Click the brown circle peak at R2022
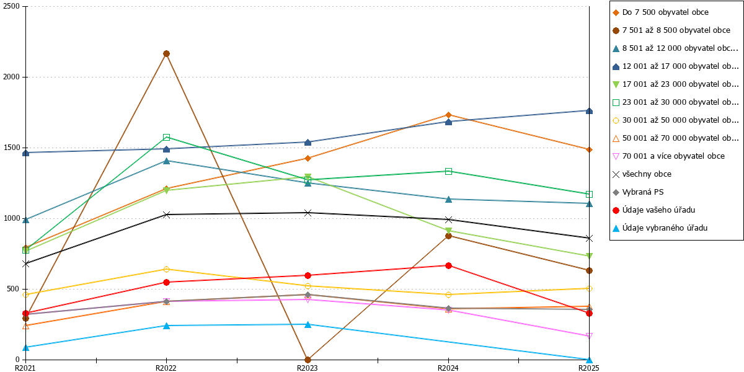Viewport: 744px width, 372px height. [166, 54]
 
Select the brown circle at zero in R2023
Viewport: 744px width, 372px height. [308, 360]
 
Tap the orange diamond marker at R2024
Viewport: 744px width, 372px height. [448, 115]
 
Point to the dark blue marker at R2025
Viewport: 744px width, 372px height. [589, 110]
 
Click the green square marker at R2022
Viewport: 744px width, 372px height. [166, 137]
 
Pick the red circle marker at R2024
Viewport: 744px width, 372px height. [448, 266]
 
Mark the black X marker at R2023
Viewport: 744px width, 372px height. [308, 213]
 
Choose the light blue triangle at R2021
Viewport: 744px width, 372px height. [25, 347]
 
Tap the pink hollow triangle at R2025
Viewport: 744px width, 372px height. [589, 336]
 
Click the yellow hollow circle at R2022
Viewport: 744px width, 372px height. [166, 269]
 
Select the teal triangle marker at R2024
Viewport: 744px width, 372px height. [448, 199]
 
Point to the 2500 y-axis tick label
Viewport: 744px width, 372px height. [11, 6]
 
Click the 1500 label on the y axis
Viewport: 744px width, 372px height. [11, 148]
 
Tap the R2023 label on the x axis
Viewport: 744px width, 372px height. [308, 368]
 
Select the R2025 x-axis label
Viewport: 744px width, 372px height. [589, 368]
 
